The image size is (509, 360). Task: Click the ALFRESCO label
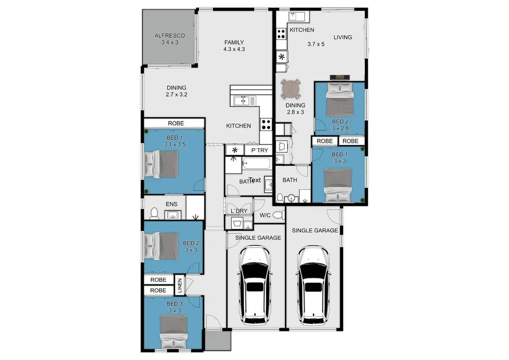pos(169,36)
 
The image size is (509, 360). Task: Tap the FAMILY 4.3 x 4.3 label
pos(234,46)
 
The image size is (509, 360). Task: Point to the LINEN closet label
pos(179,285)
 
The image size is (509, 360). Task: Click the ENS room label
pos(172,204)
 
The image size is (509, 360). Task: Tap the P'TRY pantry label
pos(259,150)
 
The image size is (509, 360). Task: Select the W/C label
pos(265,215)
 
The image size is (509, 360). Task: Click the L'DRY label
pos(239,211)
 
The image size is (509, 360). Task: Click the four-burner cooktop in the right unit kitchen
pos(281,34)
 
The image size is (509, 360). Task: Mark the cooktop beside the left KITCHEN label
pos(266,124)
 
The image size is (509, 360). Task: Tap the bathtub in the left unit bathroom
pos(256,163)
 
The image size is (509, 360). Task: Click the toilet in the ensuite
pos(155,214)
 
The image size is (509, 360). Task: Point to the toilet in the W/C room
pos(278,215)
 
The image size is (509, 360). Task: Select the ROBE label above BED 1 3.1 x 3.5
pos(176,123)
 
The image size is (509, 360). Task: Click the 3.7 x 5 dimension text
pos(316,44)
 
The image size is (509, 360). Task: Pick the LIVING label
pos(343,37)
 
